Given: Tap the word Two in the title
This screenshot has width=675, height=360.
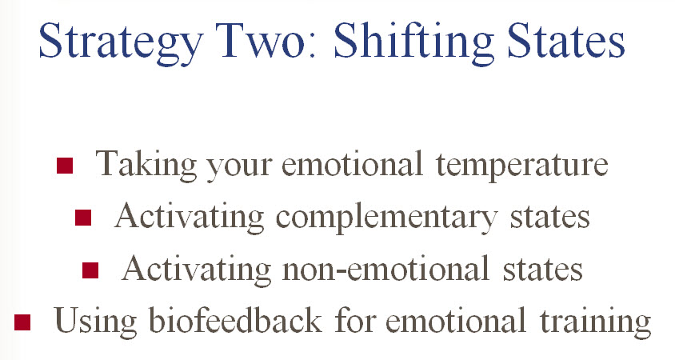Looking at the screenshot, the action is pyautogui.click(x=266, y=40).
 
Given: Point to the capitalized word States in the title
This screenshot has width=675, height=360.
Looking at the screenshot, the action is pyautogui.click(x=565, y=40).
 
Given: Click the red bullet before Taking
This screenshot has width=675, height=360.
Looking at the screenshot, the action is pyautogui.click(x=65, y=166).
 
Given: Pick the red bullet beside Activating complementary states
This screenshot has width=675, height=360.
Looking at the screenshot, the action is pyautogui.click(x=83, y=218).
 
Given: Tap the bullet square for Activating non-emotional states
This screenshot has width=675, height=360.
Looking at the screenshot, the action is pyautogui.click(x=90, y=270).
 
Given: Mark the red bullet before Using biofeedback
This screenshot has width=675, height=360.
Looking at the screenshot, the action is pyautogui.click(x=22, y=322).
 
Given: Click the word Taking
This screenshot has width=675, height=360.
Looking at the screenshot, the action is pyautogui.click(x=146, y=165).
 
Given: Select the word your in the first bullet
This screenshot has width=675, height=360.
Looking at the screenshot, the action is pyautogui.click(x=239, y=169).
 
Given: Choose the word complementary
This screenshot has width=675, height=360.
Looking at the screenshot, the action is pyautogui.click(x=386, y=218).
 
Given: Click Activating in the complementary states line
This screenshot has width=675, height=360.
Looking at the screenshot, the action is pyautogui.click(x=189, y=217).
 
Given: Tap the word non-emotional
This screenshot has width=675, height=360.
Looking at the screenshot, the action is pyautogui.click(x=385, y=268).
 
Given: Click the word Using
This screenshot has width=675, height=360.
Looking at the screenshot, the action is pyautogui.click(x=95, y=322).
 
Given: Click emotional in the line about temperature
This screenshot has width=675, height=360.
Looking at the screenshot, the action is pyautogui.click(x=353, y=164).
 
